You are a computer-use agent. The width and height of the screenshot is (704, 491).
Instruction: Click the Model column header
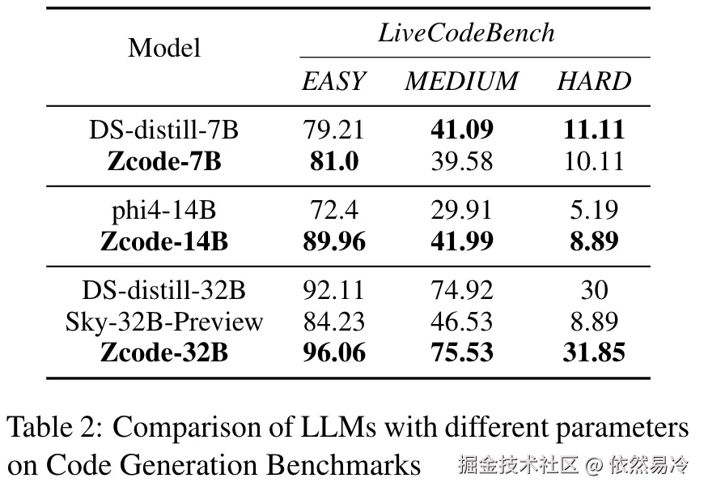point(164,48)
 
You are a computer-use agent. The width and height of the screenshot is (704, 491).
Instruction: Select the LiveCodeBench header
point(467,32)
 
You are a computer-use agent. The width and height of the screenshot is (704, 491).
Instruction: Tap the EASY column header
point(333,81)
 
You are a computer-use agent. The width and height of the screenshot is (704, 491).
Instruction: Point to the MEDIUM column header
point(461,81)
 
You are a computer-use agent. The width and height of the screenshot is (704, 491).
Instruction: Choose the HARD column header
point(594,81)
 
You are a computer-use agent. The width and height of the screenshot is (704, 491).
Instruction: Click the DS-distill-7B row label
point(164,130)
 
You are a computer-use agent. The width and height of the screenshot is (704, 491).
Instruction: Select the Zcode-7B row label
point(164,161)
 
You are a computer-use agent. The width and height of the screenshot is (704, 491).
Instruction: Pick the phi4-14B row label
point(164,210)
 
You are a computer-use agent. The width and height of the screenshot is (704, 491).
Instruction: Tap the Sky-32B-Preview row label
point(164,322)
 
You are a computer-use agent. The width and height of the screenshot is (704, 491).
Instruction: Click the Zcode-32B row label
point(164,353)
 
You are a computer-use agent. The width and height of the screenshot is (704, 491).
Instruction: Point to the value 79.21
point(333,130)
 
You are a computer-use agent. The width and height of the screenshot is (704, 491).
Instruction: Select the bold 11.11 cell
point(594,130)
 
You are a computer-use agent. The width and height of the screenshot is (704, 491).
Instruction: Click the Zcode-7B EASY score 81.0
point(333,161)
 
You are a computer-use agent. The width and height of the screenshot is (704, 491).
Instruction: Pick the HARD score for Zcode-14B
point(594,241)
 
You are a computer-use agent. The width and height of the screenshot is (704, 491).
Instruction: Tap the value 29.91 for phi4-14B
point(461,210)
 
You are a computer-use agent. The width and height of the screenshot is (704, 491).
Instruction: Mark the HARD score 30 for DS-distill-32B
point(594,290)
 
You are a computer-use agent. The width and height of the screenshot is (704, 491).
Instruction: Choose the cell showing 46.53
point(461,322)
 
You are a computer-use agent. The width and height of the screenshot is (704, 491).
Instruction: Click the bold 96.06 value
point(333,353)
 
